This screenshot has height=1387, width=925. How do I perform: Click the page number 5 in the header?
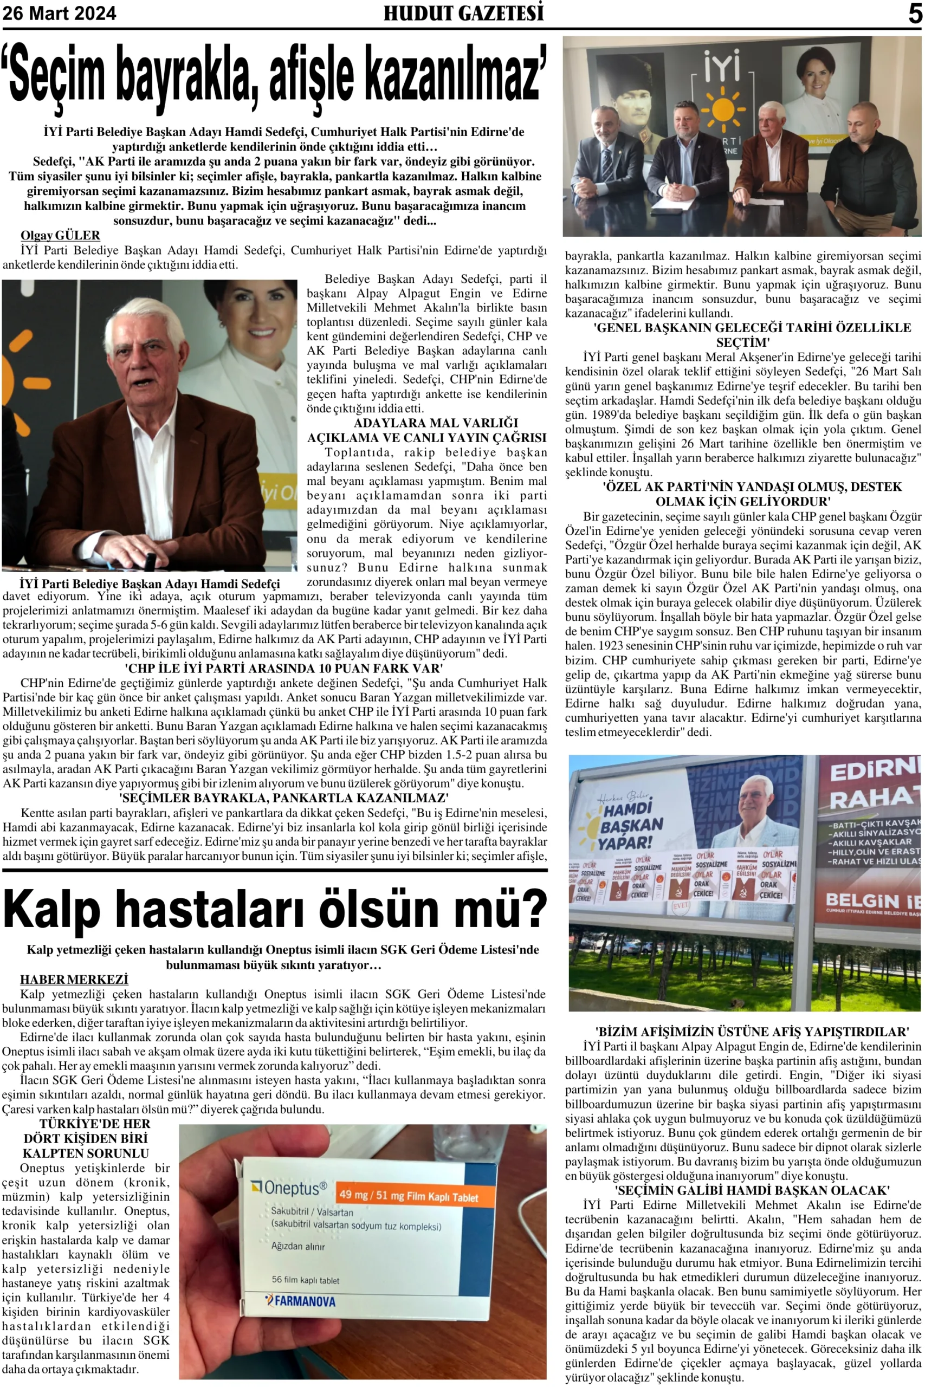(914, 13)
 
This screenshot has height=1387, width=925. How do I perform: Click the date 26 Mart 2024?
(60, 14)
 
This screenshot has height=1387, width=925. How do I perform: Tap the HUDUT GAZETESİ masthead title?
(463, 13)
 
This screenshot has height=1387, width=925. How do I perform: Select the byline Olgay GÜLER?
(60, 235)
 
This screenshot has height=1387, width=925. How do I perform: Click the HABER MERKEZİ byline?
(74, 980)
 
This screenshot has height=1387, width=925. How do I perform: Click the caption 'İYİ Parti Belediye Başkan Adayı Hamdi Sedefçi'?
(150, 584)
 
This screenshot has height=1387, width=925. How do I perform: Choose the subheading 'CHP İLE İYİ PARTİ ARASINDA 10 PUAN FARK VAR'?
(284, 668)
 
